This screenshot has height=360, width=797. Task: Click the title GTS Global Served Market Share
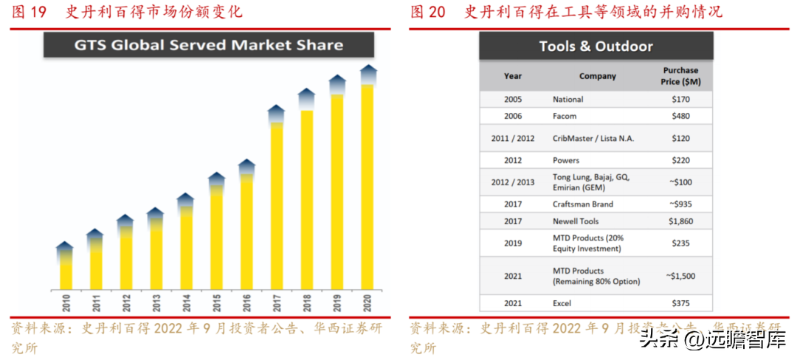click(x=208, y=45)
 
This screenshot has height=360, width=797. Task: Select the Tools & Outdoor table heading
click(x=596, y=46)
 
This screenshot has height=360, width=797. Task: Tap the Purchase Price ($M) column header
click(x=680, y=76)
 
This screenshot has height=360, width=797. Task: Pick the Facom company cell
click(x=565, y=116)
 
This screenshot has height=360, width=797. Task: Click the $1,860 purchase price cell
click(x=680, y=221)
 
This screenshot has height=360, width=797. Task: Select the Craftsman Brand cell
click(x=582, y=204)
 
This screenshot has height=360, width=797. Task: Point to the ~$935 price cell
click(x=680, y=204)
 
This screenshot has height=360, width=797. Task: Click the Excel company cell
click(x=562, y=303)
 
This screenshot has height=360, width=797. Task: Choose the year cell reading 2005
click(x=513, y=99)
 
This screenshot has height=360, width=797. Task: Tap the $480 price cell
click(x=680, y=116)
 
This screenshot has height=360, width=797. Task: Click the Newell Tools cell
click(x=576, y=221)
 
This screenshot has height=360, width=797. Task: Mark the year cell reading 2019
click(x=513, y=243)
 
